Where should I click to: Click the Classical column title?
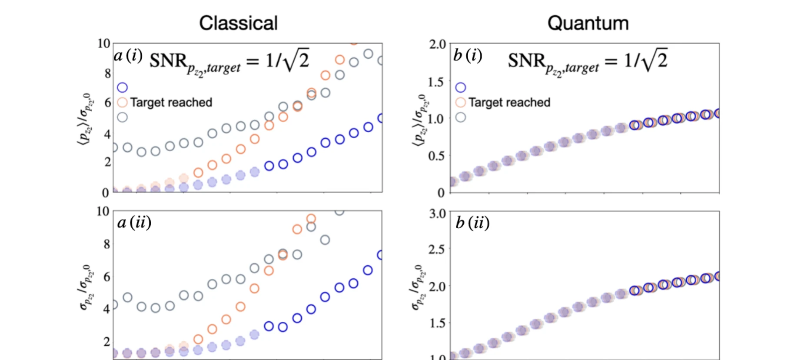238,23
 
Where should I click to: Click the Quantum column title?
588,23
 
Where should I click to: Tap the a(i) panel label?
128,56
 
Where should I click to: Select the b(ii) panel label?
472,223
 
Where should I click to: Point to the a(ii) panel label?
134,223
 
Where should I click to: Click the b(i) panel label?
467,56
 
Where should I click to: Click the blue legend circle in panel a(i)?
123,87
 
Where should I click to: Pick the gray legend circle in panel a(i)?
123,117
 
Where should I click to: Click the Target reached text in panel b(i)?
509,103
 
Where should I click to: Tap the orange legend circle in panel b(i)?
460,103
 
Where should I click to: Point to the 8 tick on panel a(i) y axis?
107,73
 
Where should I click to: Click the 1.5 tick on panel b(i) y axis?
437,82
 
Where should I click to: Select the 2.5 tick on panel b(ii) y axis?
437,250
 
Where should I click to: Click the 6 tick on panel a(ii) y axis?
107,277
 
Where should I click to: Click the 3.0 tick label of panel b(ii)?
437,213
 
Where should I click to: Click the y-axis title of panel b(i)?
420,120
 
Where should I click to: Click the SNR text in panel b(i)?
526,60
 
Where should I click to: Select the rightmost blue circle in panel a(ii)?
381,255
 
